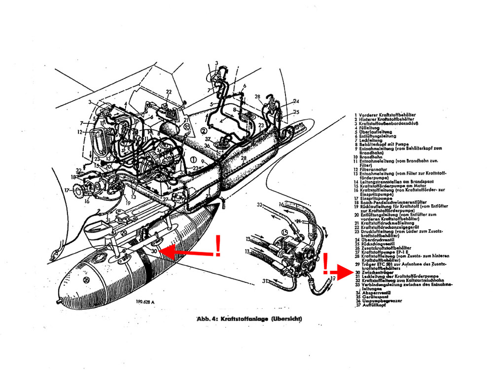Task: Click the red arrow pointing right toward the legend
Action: [340, 271]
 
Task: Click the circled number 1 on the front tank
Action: [194, 160]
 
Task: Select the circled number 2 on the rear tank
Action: [203, 131]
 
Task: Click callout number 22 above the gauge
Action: [169, 92]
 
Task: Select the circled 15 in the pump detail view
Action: [284, 232]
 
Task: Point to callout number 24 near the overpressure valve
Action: [296, 102]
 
